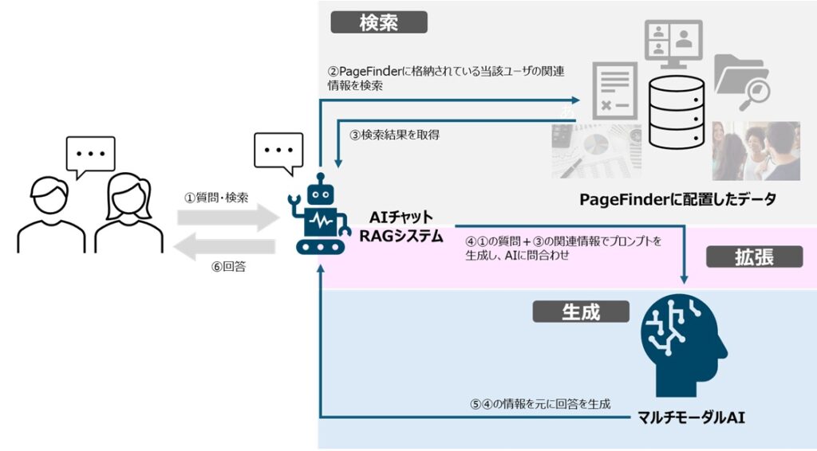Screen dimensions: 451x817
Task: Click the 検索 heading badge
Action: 379,22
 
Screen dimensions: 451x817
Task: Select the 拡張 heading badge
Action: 754,257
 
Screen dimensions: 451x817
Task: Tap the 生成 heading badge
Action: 581,312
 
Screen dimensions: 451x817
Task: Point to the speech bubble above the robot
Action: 278,151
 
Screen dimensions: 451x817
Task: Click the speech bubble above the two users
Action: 90,155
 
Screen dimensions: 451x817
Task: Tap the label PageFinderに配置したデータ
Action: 678,199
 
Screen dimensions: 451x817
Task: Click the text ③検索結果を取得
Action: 395,135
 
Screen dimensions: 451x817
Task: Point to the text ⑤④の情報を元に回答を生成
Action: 540,404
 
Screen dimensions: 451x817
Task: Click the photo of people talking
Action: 756,151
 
